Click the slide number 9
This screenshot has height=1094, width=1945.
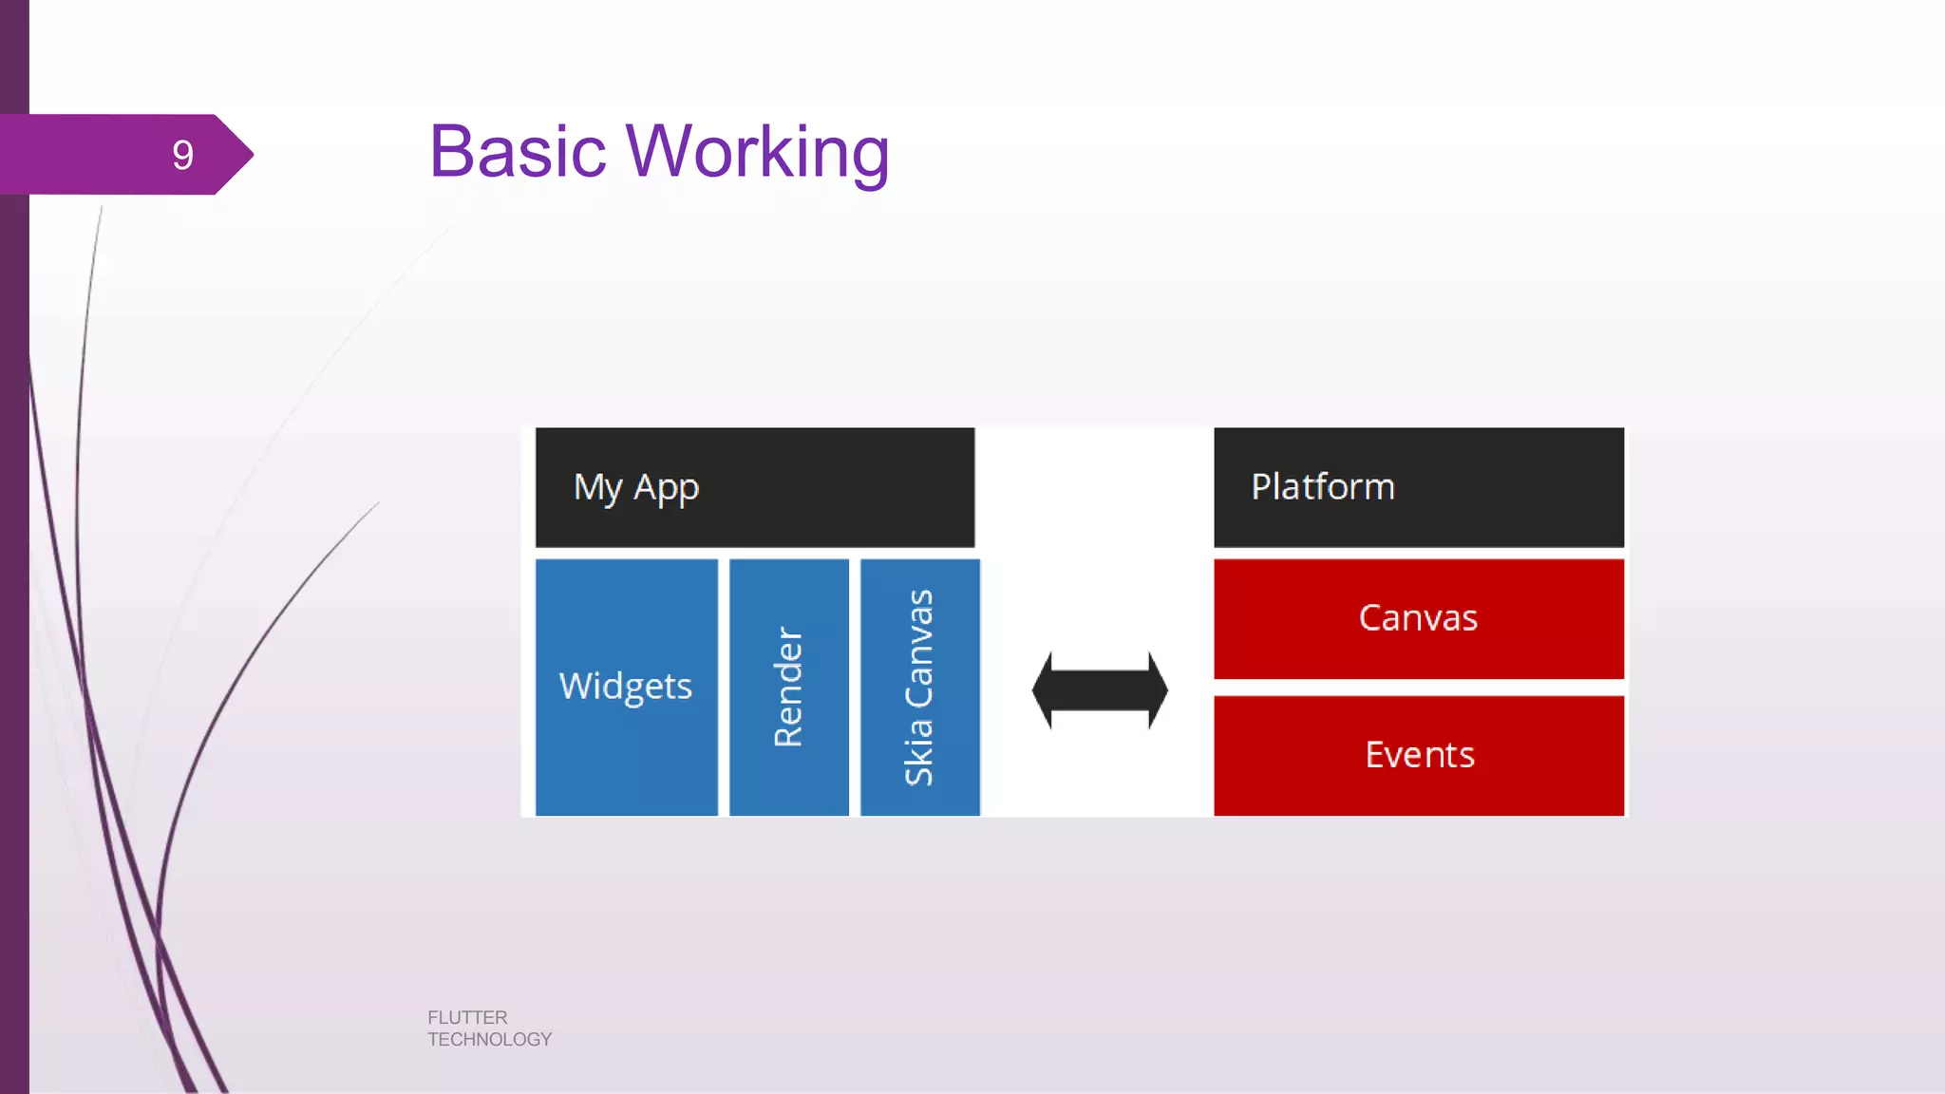[182, 155]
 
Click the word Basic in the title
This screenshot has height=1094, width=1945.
[518, 152]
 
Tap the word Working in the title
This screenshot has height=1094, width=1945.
[757, 154]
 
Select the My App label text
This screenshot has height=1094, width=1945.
[635, 488]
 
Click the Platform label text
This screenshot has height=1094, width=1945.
[1322, 486]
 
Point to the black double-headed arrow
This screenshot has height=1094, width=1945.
[1100, 690]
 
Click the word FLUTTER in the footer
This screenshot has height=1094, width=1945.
[467, 1017]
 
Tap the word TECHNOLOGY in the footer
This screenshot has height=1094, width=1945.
[489, 1040]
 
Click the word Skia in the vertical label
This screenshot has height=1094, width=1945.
[918, 752]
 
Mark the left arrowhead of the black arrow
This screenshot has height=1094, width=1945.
[1043, 690]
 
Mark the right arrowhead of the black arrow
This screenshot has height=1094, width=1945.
[1158, 690]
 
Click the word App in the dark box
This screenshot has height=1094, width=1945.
[666, 488]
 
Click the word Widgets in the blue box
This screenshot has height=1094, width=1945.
[626, 687]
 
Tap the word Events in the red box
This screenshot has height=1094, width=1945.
[1419, 755]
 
